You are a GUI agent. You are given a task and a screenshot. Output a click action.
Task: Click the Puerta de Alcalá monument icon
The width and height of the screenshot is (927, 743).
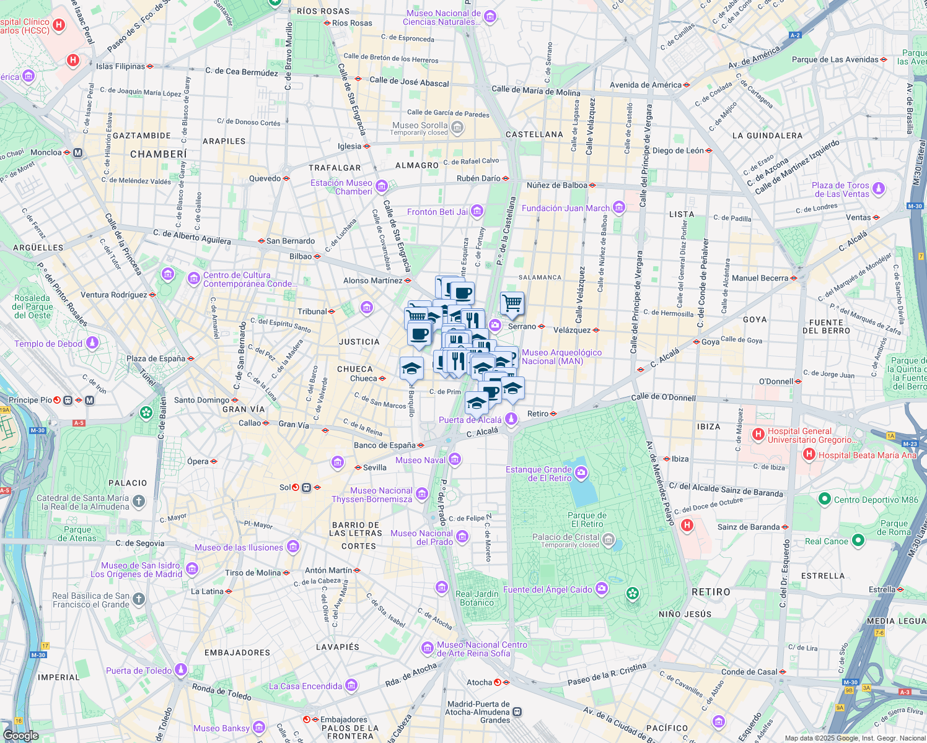(511, 419)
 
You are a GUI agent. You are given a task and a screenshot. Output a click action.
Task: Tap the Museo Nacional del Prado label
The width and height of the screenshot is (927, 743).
(421, 537)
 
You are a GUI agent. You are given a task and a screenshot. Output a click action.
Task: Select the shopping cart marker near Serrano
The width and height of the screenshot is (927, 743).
(512, 303)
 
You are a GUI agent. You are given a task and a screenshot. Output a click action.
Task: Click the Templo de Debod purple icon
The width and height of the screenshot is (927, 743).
(92, 342)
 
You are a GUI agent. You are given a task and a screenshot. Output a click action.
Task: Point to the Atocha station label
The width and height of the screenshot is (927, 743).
(479, 682)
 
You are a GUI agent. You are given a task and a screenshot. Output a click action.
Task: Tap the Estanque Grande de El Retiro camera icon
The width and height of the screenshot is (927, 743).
(581, 474)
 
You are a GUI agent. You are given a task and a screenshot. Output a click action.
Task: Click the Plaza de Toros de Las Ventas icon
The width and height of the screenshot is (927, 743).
(879, 188)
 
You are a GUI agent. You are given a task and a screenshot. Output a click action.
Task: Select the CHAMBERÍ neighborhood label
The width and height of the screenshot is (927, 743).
(158, 154)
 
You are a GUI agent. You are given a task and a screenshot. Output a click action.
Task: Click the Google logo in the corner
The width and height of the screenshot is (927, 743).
(20, 735)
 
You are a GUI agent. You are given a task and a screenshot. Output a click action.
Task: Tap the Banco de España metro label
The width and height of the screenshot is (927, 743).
(384, 445)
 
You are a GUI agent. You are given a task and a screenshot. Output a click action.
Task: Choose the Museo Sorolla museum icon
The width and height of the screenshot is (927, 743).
(457, 128)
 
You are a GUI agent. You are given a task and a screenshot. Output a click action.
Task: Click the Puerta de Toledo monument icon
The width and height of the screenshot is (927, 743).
(181, 669)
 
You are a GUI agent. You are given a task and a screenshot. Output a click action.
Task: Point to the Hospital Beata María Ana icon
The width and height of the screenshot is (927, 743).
(809, 454)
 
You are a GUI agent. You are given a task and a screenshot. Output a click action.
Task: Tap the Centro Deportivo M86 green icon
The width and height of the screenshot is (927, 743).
(824, 499)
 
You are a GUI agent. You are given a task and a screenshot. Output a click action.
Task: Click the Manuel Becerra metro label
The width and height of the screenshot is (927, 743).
(760, 278)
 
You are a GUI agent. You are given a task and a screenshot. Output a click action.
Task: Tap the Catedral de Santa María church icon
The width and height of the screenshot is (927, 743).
(139, 502)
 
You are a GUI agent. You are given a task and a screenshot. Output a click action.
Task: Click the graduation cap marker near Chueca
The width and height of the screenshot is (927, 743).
(411, 369)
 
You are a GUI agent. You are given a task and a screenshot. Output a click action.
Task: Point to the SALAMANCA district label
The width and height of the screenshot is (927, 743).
(540, 277)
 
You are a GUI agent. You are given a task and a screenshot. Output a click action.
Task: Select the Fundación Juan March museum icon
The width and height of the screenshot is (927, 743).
(619, 207)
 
